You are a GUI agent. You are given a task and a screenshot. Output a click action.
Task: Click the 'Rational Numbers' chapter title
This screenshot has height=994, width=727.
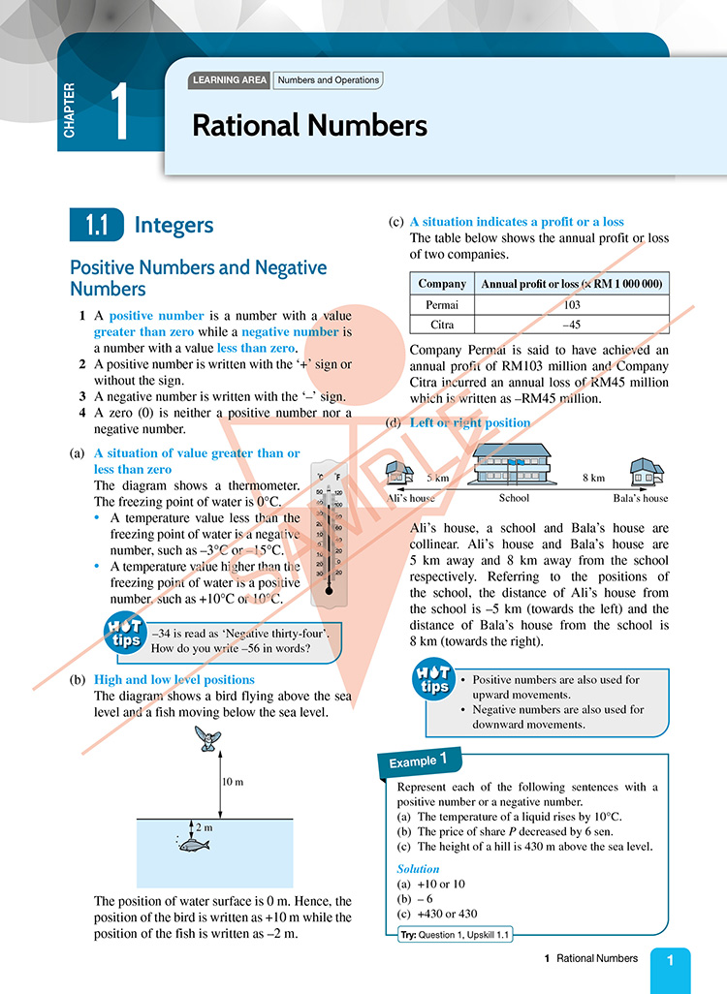(x=309, y=125)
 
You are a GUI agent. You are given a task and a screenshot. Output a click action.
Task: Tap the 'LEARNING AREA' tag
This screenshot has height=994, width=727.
(x=231, y=80)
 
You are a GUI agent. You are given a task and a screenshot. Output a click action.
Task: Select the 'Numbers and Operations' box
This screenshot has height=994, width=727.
(x=328, y=80)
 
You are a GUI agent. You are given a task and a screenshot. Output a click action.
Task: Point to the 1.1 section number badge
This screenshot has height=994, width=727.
(x=95, y=226)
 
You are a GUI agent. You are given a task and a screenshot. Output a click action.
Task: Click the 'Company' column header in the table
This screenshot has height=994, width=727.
(x=441, y=284)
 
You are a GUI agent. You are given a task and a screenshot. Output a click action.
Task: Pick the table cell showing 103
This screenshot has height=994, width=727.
(x=571, y=305)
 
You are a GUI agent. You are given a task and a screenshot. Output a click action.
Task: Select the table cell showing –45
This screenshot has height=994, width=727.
(x=571, y=326)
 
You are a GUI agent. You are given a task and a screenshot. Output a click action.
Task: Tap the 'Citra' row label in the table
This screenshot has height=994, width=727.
(x=441, y=326)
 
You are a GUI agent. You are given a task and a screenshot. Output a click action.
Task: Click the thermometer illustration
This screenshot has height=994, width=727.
(x=330, y=528)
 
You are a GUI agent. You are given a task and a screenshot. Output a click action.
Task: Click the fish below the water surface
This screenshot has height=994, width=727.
(x=195, y=844)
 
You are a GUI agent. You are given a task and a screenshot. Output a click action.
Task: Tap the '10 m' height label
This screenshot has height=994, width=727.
(x=233, y=781)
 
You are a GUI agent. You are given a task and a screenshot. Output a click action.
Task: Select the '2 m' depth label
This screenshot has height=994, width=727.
(x=205, y=827)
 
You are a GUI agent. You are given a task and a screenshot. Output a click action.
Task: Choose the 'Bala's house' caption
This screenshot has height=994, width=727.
(x=641, y=498)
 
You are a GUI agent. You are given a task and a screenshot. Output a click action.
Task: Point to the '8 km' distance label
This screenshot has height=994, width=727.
(x=593, y=478)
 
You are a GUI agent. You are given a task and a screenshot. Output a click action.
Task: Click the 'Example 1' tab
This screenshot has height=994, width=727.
(x=417, y=761)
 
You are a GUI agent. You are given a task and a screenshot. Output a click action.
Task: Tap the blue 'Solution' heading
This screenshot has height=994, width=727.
(x=418, y=869)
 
